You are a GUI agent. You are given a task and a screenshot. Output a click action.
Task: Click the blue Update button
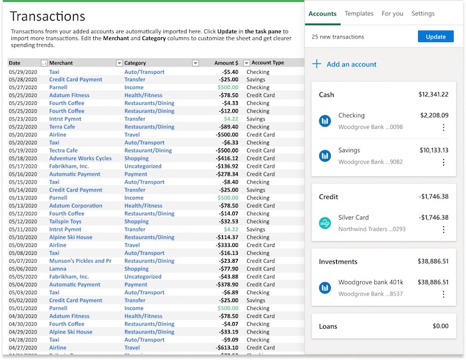coord(435,37)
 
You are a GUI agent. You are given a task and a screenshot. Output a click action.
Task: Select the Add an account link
coord(351,65)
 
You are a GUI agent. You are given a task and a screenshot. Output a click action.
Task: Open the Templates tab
coord(359,13)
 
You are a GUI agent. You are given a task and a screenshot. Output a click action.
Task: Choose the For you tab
coord(392,13)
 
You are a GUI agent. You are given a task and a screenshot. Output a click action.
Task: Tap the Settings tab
coord(423,13)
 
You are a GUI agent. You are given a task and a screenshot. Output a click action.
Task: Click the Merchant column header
coord(61,63)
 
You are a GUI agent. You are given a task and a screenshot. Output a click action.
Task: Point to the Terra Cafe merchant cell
coord(62,126)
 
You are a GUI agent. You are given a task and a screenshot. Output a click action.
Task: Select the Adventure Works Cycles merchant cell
coord(80,158)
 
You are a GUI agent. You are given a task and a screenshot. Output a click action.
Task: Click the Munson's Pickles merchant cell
coord(80,261)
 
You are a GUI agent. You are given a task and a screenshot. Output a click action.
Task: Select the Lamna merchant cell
coord(58,269)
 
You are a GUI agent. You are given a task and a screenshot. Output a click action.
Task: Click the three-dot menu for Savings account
coord(443,162)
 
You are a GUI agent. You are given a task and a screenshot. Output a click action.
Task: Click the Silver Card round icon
coord(325,223)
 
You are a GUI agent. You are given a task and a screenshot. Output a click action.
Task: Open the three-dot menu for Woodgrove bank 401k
coord(443,293)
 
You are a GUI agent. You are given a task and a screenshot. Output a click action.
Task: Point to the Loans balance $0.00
coord(440,326)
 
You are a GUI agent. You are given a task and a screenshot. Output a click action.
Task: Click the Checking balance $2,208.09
coord(434,115)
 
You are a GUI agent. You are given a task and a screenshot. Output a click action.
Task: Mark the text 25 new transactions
coord(338,37)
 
